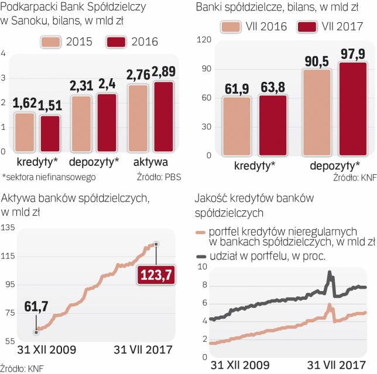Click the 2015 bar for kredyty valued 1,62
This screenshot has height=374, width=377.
25,131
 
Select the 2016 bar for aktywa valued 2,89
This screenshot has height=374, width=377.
164,117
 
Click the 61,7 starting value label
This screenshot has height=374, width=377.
36,305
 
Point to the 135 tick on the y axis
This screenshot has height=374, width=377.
8,227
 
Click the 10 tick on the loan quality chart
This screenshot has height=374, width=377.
203,266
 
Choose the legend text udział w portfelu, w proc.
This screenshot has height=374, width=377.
270,256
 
